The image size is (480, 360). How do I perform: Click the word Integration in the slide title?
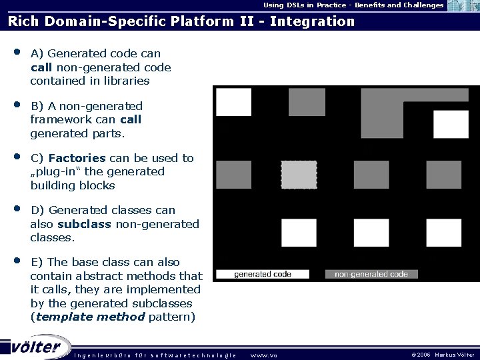click(x=313, y=21)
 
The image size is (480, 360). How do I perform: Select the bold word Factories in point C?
click(x=77, y=158)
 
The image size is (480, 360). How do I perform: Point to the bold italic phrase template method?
click(x=90, y=317)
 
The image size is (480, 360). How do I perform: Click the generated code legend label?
click(x=263, y=274)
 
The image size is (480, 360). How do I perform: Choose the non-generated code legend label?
click(x=371, y=274)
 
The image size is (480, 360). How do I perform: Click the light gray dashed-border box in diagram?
click(x=299, y=175)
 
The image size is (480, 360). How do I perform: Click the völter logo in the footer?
click(x=37, y=347)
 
